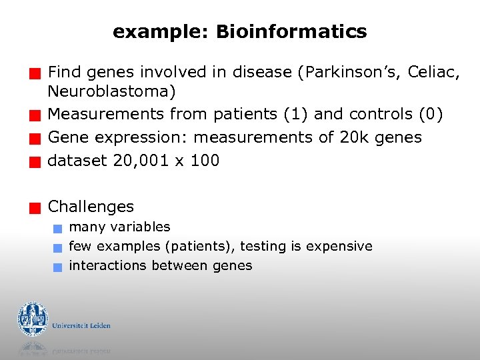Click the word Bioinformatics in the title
tap(291, 31)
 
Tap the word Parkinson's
tap(351, 72)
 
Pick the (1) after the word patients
tap(296, 114)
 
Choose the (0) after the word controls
tap(429, 114)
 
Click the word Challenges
tap(91, 207)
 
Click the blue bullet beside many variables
tap(58, 229)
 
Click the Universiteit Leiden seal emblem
tap(33, 319)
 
